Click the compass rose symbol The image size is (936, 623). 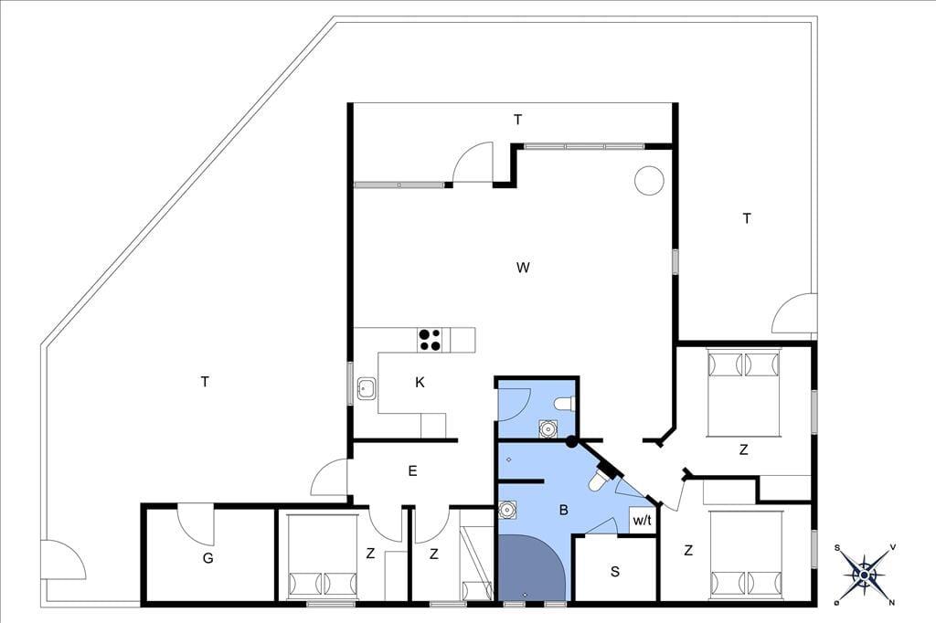point(865,575)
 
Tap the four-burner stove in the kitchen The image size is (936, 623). point(430,340)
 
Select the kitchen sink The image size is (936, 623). point(366,390)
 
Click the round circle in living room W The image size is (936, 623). point(649,180)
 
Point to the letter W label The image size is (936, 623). point(523,268)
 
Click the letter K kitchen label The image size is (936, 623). point(420,383)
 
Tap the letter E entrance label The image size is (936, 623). point(412,471)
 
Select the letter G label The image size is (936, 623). point(207,558)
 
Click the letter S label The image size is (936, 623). point(615,572)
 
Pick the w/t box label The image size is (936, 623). point(643,521)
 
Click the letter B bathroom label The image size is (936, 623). point(563,511)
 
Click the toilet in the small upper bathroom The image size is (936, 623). point(564,405)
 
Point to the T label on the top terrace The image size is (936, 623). point(518,120)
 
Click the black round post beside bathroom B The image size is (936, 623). point(572,442)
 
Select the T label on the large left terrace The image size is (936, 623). point(206,382)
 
